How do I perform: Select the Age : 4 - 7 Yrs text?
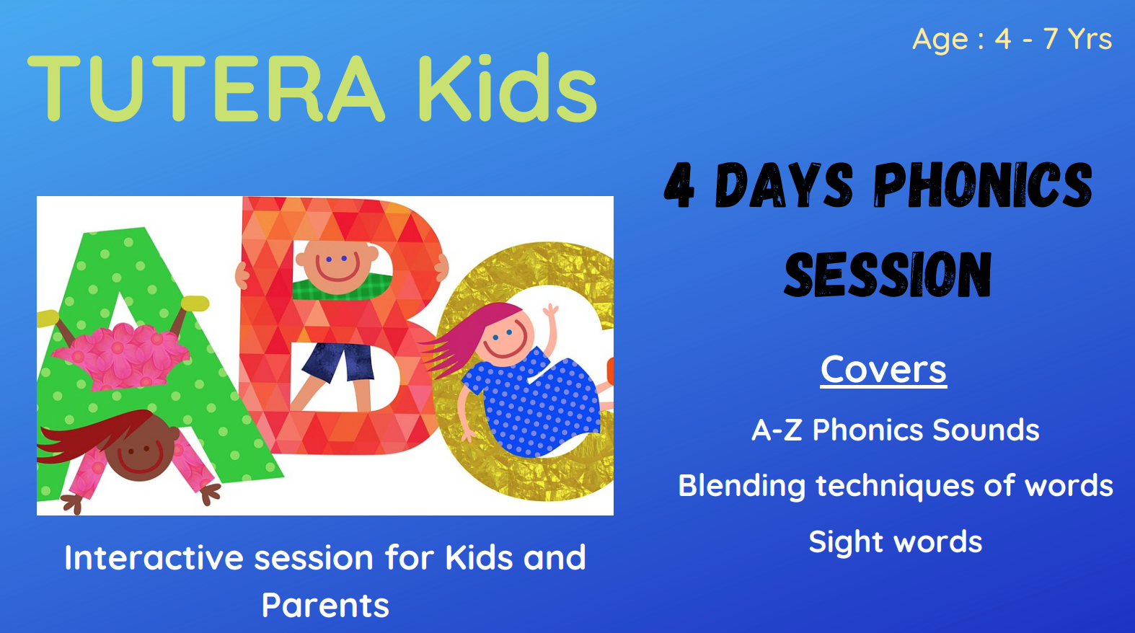coord(1012,39)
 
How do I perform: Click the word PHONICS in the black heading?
coord(984,185)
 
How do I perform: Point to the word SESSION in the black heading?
coord(887,274)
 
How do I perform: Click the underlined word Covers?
coord(883,370)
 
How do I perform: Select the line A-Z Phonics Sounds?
coord(896,430)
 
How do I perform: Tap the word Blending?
coord(742,487)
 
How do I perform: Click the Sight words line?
coord(896,542)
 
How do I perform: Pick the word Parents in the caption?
coord(325,606)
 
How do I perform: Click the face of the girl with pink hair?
coord(507,337)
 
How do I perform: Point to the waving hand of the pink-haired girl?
coord(551,311)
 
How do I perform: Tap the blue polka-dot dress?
coord(532,402)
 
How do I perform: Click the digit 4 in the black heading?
coord(679,185)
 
